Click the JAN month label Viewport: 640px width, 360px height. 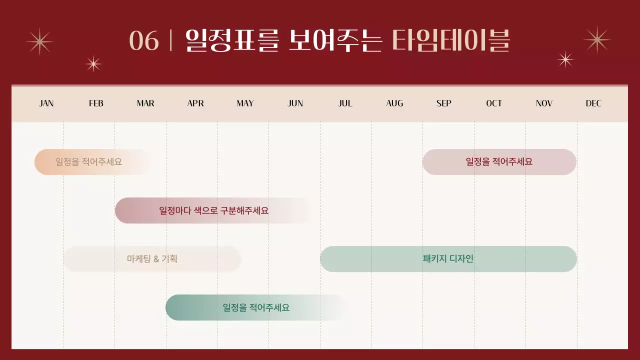pos(46,103)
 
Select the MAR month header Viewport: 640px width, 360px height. pos(145,103)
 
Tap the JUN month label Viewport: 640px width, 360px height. pos(295,103)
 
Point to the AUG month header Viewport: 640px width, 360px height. pos(394,103)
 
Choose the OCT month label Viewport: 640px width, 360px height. pos(494,103)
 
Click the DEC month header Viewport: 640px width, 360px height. pos(593,103)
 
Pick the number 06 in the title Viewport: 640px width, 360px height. pos(144,41)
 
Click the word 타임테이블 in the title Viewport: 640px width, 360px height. pos(450,41)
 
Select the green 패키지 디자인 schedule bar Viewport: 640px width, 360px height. pos(448,259)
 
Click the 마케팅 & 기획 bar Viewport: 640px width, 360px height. pos(152,259)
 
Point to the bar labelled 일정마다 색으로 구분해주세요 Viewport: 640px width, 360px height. pos(213,210)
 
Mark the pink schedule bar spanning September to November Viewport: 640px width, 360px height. pos(499,162)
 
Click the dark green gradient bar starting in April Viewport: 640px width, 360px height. pos(256,307)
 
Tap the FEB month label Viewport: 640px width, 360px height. pos(96,103)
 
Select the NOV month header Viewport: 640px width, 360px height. pos(544,103)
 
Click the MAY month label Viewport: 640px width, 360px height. pos(245,103)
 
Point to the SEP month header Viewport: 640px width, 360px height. pos(443,103)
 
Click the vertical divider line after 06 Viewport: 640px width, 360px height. pos(171,41)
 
